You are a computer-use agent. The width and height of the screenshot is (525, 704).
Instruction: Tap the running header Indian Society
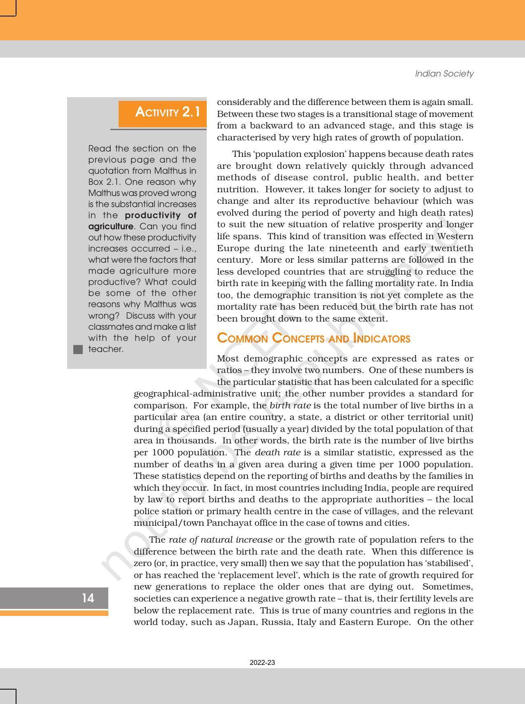point(444,74)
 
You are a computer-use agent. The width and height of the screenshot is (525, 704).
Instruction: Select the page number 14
point(88,598)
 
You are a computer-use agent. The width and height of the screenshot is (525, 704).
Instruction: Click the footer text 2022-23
point(262,662)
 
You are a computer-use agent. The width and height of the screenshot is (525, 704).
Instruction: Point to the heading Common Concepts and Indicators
point(313,338)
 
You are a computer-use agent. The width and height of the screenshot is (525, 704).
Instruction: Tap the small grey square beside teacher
point(78,350)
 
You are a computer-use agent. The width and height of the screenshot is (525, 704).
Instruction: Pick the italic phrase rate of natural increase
point(221,540)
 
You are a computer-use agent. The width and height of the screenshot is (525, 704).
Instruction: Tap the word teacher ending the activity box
point(105,349)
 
